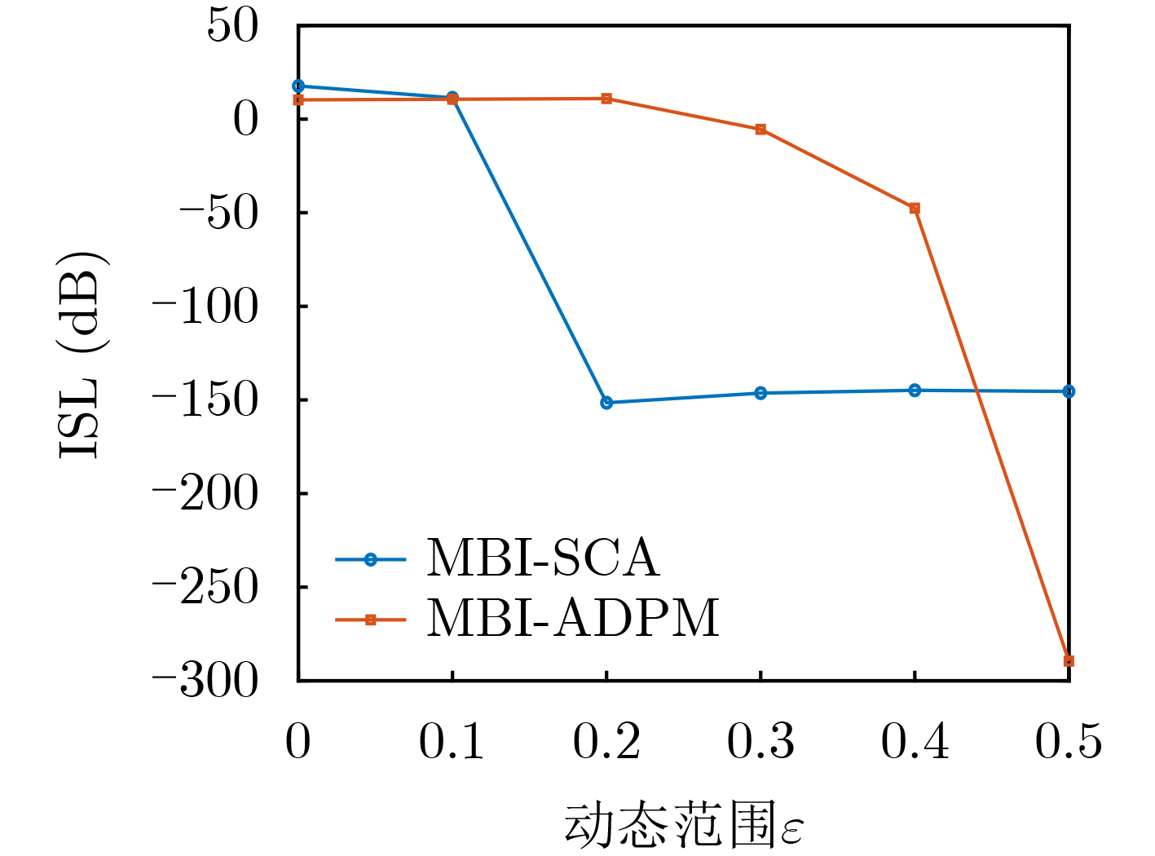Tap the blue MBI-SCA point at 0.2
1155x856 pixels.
606,403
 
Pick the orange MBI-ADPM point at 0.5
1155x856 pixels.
1069,661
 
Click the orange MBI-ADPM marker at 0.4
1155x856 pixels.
915,209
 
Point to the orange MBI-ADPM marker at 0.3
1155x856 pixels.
760,130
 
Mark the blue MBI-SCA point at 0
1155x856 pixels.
298,86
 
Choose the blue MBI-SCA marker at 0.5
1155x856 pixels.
1069,391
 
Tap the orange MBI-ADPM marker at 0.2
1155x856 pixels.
606,99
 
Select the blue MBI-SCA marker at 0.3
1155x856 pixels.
760,393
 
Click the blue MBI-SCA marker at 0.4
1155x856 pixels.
915,390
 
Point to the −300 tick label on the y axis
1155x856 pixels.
205,681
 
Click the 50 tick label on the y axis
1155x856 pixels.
232,26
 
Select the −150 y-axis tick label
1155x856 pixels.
205,400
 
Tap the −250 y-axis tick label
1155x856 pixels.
205,587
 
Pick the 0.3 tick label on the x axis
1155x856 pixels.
760,742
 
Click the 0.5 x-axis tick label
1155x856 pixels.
1069,742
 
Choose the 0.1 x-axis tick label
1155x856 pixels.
452,742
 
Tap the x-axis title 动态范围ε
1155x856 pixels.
683,826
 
